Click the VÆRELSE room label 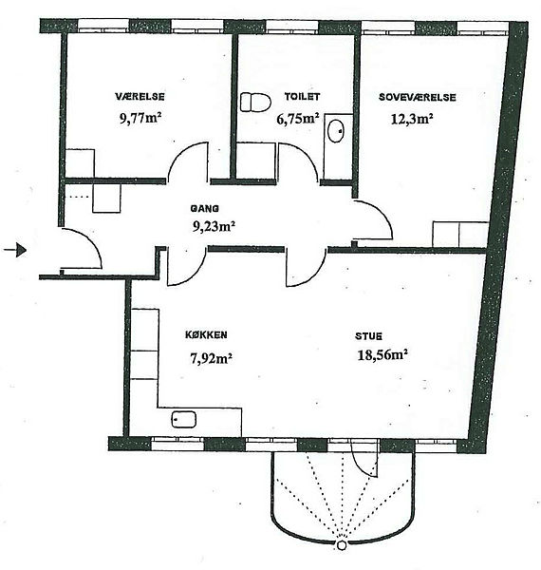pos(140,97)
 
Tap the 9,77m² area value pos(140,118)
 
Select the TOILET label pos(302,96)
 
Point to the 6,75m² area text pos(298,119)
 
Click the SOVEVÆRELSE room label pos(418,97)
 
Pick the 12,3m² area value pos(412,119)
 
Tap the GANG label pos(205,209)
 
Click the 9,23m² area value pos(214,226)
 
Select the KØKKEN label pos(206,334)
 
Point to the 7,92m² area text pos(212,358)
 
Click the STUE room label pos(368,336)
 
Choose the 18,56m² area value pos(382,354)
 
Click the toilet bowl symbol pos(255,103)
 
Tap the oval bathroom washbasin pos(336,131)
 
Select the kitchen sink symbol pos(184,419)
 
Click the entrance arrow pos(15,250)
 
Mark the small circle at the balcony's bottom pos(342,545)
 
